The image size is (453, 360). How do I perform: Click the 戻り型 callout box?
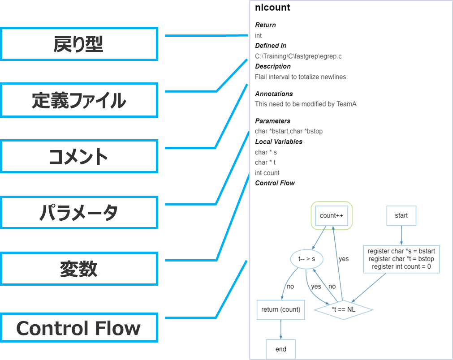click(79, 44)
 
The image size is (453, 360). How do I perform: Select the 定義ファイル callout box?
click(79, 100)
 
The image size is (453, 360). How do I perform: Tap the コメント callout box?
click(79, 156)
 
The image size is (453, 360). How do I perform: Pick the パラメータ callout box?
click(79, 212)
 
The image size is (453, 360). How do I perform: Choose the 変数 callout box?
click(79, 269)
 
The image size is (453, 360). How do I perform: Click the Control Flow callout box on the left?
click(79, 328)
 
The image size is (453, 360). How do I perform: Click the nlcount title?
click(272, 8)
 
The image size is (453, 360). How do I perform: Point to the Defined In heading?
click(271, 46)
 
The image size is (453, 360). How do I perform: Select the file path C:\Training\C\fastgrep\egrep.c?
click(298, 56)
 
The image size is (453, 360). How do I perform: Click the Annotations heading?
click(274, 94)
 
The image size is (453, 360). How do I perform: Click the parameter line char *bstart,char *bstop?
click(289, 131)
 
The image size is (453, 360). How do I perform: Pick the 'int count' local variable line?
click(267, 173)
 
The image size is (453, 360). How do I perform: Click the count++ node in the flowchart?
click(332, 215)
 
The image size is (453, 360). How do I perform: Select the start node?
click(401, 215)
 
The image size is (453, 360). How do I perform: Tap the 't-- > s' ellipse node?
click(307, 259)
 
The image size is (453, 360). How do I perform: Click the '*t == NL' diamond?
click(343, 309)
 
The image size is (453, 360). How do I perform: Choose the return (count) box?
click(280, 309)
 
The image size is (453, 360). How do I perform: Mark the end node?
click(281, 349)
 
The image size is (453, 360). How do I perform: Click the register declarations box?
click(401, 259)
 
